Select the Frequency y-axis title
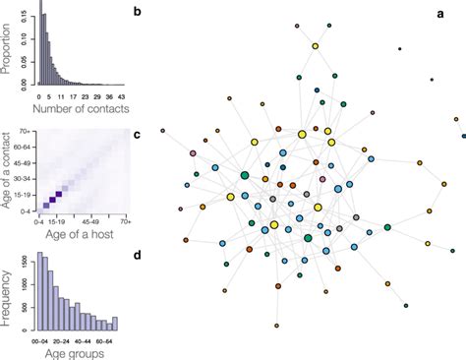point(9,295)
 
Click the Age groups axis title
point(74,351)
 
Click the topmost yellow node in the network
point(316,45)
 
